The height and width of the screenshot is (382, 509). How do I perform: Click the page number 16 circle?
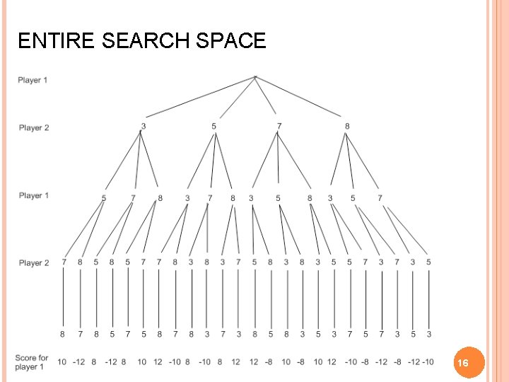463,362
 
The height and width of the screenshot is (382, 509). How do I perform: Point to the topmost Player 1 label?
33,80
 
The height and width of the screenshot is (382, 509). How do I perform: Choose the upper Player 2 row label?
33,128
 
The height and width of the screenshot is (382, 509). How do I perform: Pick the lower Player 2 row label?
33,262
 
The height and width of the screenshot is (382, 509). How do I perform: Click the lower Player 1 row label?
33,195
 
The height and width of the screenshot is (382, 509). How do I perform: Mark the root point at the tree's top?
255,76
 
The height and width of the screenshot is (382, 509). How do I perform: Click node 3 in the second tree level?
144,127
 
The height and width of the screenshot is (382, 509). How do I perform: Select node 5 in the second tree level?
213,127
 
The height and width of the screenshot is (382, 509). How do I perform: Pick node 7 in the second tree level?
279,127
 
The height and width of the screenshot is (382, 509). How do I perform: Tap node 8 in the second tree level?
347,127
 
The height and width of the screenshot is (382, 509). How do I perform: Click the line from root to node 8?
300,98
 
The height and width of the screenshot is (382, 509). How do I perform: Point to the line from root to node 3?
199,97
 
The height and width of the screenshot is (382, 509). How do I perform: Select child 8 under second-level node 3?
160,198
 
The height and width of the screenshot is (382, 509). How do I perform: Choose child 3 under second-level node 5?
187,198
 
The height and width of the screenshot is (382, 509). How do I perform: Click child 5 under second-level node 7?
278,198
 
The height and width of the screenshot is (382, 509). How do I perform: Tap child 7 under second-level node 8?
380,198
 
